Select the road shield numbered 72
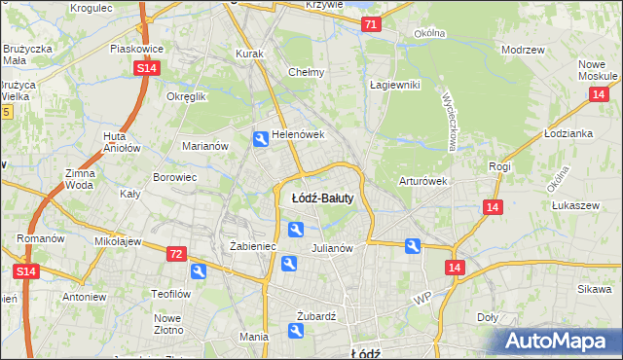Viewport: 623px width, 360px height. tap(176, 254)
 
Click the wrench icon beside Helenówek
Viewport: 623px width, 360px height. tap(260, 140)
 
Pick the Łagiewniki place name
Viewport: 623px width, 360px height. tap(394, 85)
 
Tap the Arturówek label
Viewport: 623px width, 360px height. tap(422, 181)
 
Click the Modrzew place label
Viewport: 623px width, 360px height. tap(521, 49)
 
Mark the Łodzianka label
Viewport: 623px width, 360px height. tap(569, 133)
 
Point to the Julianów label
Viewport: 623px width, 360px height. tap(331, 248)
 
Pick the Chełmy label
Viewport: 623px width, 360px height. tap(306, 72)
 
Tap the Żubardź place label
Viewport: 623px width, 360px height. tap(315, 316)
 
